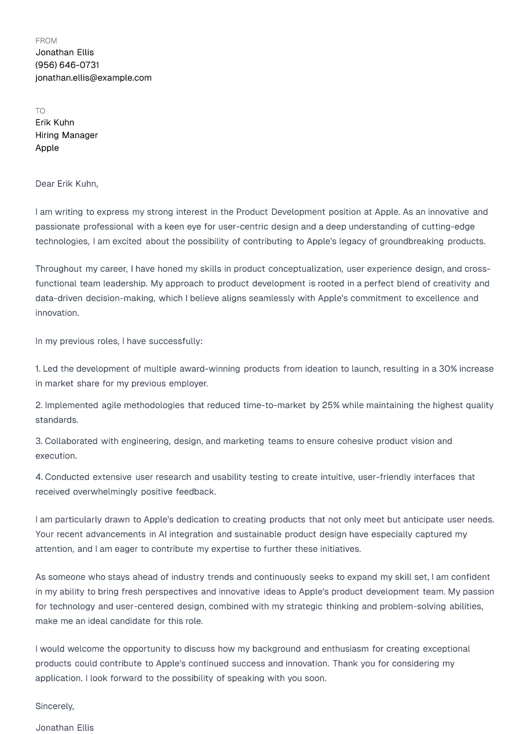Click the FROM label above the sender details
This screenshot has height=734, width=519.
pyautogui.click(x=46, y=41)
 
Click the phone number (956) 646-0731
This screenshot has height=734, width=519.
pyautogui.click(x=67, y=65)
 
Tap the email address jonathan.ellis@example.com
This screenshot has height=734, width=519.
pyautogui.click(x=93, y=78)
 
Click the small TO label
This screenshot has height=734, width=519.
pyautogui.click(x=40, y=111)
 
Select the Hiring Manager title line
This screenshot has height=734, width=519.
pyautogui.click(x=66, y=135)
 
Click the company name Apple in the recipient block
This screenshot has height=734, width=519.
pyautogui.click(x=47, y=148)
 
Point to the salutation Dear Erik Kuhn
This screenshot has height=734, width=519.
pyautogui.click(x=66, y=184)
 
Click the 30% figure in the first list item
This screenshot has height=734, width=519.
pyautogui.click(x=448, y=369)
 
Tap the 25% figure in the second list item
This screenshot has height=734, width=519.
pyautogui.click(x=331, y=405)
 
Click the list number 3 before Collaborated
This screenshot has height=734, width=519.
pyautogui.click(x=38, y=441)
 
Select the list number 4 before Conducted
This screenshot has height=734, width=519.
pyautogui.click(x=39, y=477)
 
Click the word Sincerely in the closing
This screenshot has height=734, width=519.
pyautogui.click(x=54, y=706)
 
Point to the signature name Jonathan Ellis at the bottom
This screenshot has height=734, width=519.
pyautogui.click(x=65, y=728)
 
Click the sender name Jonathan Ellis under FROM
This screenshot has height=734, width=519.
pyautogui.click(x=65, y=52)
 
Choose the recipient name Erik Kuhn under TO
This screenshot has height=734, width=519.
pyautogui.click(x=55, y=123)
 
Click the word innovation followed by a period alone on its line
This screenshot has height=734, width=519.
pyautogui.click(x=57, y=313)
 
